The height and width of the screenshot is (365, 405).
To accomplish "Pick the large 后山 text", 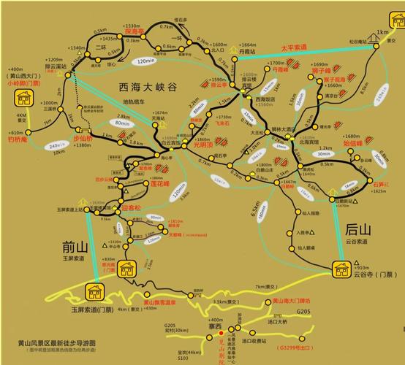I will (x=360, y=228).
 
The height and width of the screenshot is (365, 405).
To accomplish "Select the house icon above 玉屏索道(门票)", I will (x=95, y=292).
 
